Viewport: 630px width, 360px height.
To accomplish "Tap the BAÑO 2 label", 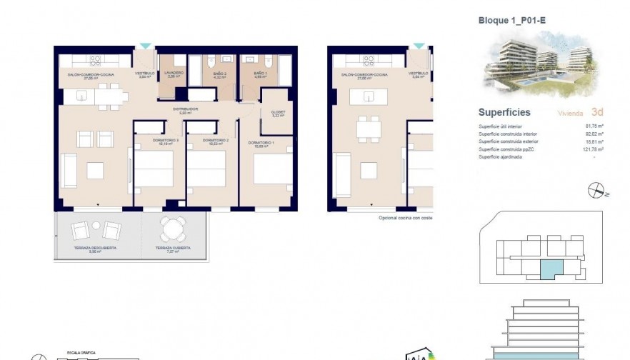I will pyautogui.click(x=219, y=73).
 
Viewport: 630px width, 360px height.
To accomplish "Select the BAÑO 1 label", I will pyautogui.click(x=260, y=73).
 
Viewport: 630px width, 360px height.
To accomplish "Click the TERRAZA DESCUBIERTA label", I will pyautogui.click(x=95, y=249).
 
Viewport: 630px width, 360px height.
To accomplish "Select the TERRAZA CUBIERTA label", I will pyautogui.click(x=171, y=249).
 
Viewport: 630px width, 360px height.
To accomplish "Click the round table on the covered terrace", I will pyautogui.click(x=172, y=229).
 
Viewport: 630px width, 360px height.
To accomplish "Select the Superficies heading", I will pyautogui.click(x=504, y=112).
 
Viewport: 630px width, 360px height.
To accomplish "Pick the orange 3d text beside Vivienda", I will pyautogui.click(x=598, y=112).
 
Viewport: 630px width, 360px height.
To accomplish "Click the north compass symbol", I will pyautogui.click(x=594, y=190).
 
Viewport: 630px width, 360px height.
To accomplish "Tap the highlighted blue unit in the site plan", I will pyautogui.click(x=551, y=269).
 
